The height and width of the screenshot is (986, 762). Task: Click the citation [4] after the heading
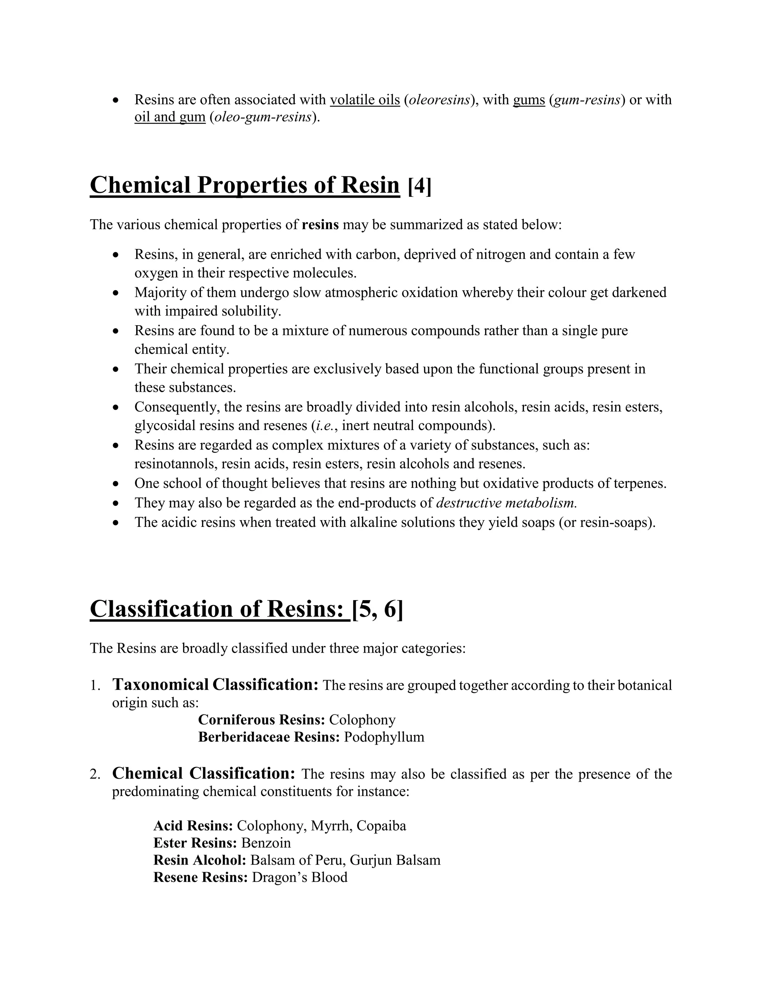click(419, 186)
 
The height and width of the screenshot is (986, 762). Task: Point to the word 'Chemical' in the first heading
click(140, 185)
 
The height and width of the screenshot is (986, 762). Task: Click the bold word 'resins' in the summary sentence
click(320, 224)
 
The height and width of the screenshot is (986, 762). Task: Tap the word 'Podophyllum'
click(384, 737)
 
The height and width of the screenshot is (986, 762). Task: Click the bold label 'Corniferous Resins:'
click(262, 720)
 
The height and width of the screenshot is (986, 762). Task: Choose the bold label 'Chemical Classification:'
click(204, 774)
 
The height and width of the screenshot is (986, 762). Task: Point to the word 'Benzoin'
click(266, 843)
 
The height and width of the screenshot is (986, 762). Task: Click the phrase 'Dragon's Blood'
click(299, 877)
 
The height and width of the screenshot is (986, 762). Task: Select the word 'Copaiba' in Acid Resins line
click(381, 826)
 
